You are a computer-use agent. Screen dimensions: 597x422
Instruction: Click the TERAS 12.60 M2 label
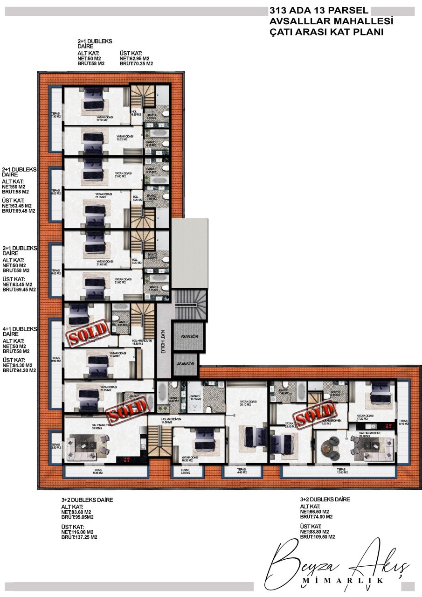pyautogui.click(x=341, y=471)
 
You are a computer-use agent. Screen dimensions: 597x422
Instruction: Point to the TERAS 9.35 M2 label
pyautogui.click(x=97, y=471)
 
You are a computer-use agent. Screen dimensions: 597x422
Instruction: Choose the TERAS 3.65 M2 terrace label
pyautogui.click(x=185, y=471)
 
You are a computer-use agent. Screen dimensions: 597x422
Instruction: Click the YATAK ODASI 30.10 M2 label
pyautogui.click(x=245, y=403)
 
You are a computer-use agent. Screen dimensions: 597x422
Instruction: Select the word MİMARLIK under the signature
pyautogui.click(x=343, y=580)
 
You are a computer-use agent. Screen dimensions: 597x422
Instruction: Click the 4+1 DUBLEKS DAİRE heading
pyautogui.click(x=20, y=331)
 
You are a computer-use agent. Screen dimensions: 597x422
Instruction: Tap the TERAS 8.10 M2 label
pyautogui.click(x=403, y=422)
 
